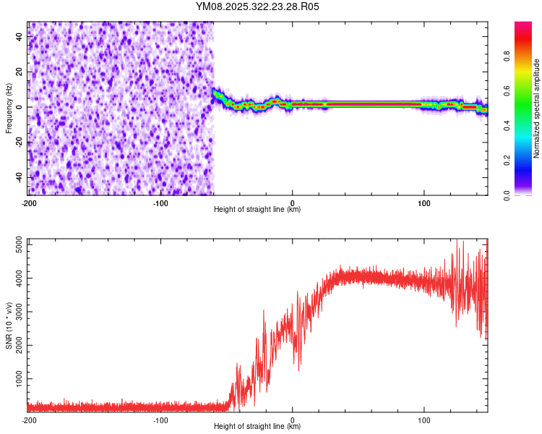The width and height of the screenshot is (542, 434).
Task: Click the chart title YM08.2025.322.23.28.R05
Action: (257, 7)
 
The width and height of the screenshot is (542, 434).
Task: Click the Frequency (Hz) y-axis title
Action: (9, 109)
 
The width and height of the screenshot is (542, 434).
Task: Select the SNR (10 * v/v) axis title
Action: (9, 325)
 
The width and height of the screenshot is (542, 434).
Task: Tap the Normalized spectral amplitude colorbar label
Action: (537, 109)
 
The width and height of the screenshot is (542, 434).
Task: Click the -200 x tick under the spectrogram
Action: (29, 203)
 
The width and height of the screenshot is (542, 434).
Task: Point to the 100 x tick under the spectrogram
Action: (424, 203)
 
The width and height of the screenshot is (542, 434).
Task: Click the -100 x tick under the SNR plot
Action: (160, 420)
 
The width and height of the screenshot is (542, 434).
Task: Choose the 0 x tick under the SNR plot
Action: (293, 420)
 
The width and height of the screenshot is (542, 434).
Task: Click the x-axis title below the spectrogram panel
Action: (257, 210)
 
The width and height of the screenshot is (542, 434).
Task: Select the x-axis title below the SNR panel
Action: (257, 427)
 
